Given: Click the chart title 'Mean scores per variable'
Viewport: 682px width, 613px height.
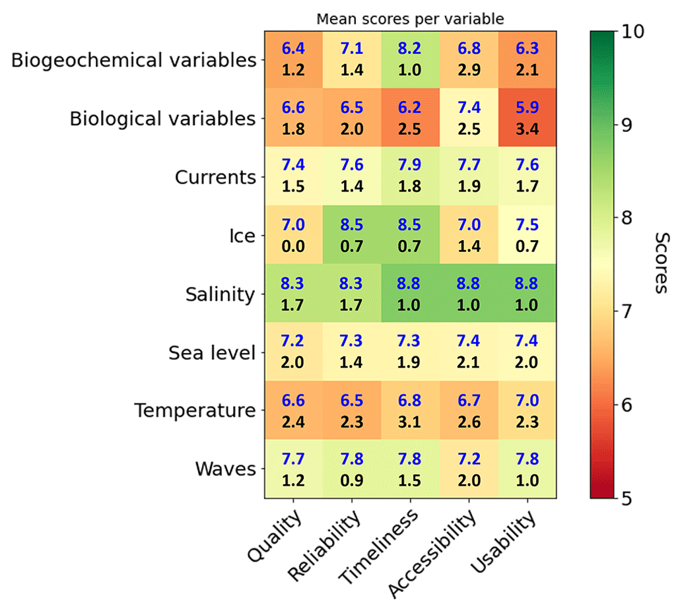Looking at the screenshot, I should click(410, 18).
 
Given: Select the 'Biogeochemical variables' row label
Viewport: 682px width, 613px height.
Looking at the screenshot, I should click(134, 61).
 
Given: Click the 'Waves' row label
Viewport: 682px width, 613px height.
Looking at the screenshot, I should click(225, 470).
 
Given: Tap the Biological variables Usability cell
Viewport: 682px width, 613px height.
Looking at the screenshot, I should click(526, 119).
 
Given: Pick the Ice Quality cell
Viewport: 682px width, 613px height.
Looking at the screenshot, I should click(294, 236).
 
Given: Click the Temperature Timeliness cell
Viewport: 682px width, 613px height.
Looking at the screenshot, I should click(410, 411).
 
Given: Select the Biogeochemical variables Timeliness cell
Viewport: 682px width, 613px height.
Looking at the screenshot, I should click(410, 60).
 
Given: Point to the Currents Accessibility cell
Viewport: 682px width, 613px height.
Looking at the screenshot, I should click(468, 177).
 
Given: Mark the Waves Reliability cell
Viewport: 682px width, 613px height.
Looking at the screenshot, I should click(352, 469).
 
